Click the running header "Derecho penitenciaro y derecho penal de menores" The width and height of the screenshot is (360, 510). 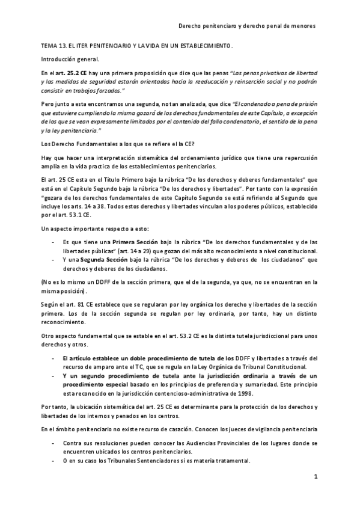coord(248,26)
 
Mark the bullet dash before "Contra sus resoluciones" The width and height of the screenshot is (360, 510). coord(55,444)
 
